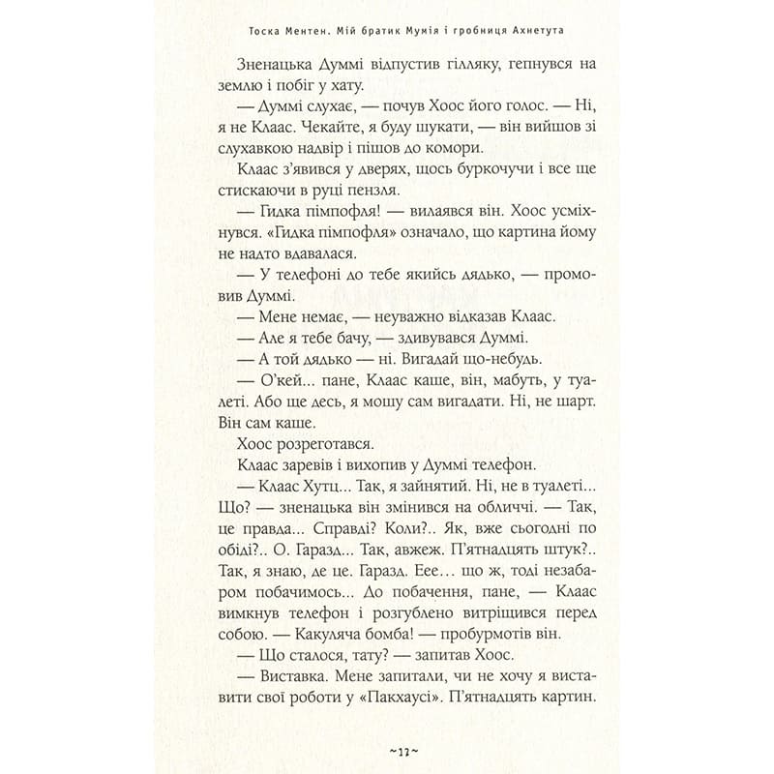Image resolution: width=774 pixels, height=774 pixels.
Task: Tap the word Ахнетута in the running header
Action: [x=534, y=31]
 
